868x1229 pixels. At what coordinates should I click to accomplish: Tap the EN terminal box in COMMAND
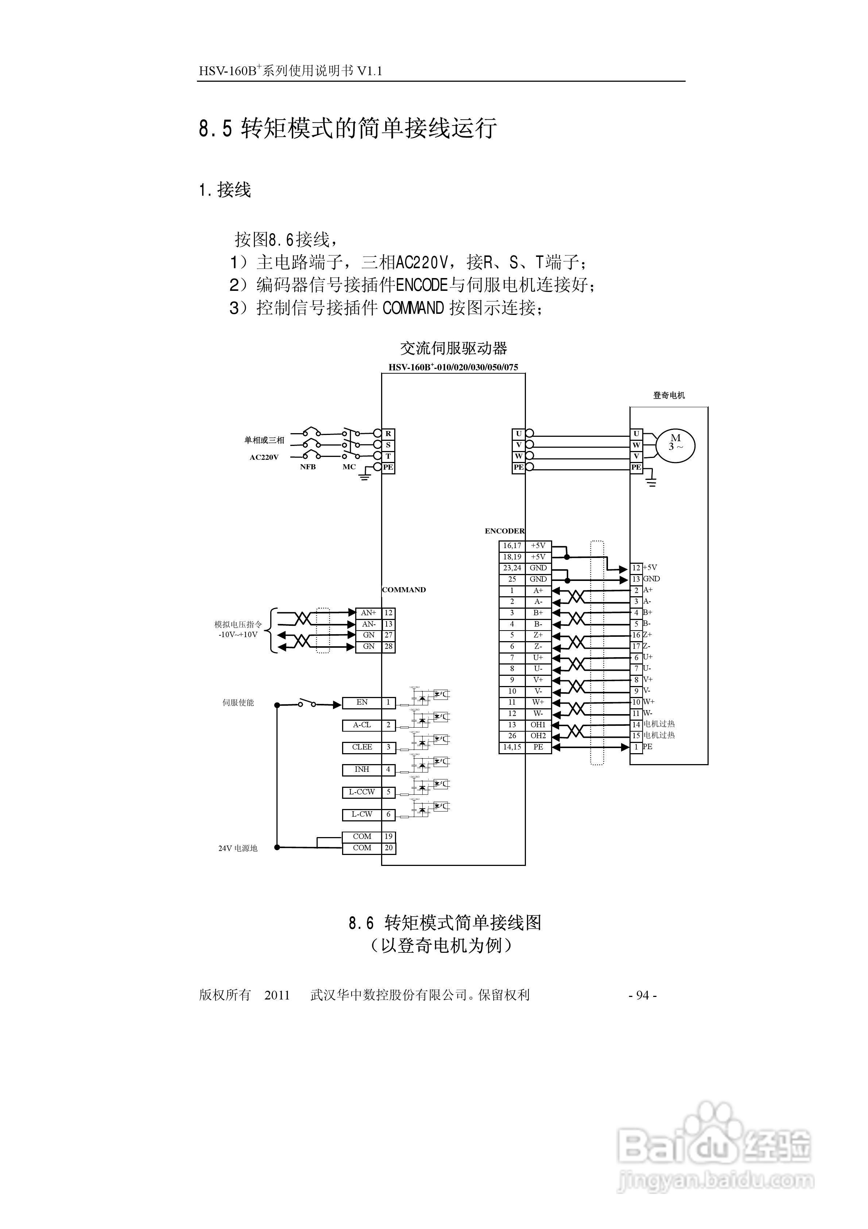pos(362,703)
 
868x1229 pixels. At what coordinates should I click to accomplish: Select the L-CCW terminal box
pos(362,792)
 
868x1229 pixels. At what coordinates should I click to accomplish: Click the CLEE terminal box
pos(362,747)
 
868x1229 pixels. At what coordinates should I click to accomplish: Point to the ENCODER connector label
pos(504,531)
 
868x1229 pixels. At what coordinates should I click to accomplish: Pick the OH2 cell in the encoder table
pos(538,736)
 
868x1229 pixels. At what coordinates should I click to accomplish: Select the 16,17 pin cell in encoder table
pos(512,546)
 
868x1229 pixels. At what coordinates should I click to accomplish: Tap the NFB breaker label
pos(308,467)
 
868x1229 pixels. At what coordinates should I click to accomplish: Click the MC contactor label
pos(349,467)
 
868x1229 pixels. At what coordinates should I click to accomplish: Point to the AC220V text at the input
pos(264,458)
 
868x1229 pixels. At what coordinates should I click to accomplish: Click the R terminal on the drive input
pos(388,434)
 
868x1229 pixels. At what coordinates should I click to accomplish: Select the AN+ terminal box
pos(369,613)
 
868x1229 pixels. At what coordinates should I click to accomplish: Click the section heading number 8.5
pos(216,128)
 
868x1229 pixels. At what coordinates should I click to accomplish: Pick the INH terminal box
pos(362,770)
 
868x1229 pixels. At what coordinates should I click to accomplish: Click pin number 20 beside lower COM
pos(388,848)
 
